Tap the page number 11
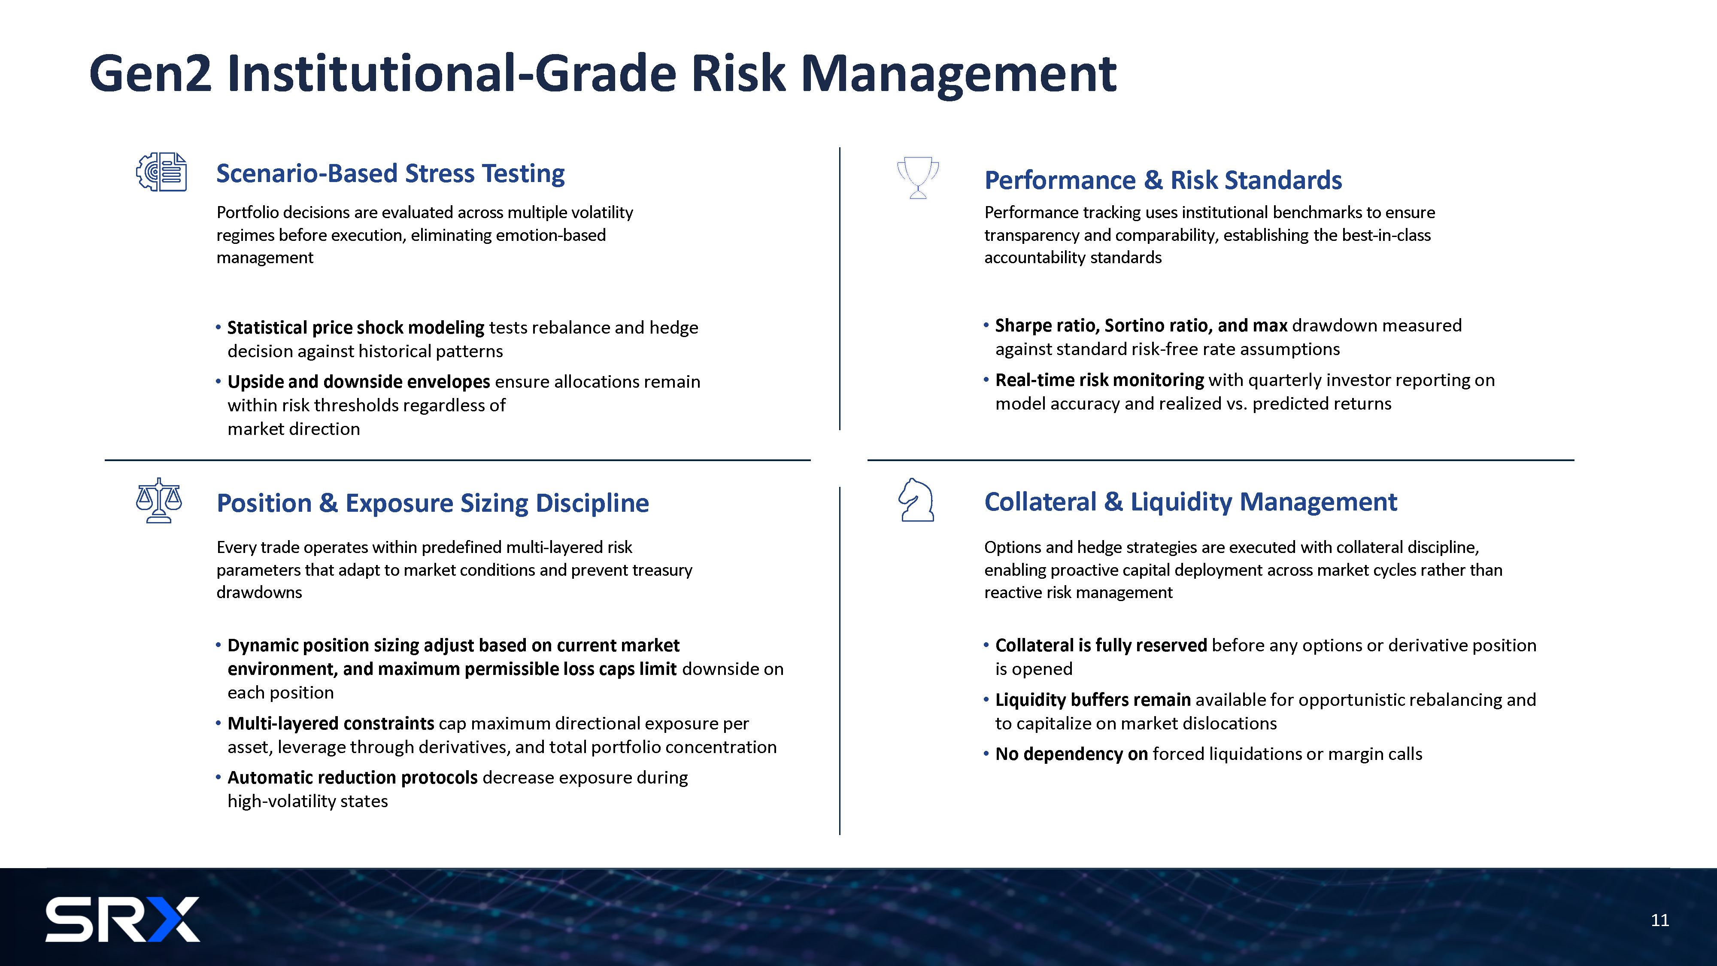1659,920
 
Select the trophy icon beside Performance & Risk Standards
918,177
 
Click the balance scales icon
159,500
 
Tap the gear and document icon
161,172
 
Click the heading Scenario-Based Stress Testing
391,173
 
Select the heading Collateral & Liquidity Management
1190,502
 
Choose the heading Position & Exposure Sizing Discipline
433,503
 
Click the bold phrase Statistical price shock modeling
356,327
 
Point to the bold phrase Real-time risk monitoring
1100,380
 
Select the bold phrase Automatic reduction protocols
352,778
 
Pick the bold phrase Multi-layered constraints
331,723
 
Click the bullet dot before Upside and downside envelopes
218,381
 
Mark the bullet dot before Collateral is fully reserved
986,645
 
